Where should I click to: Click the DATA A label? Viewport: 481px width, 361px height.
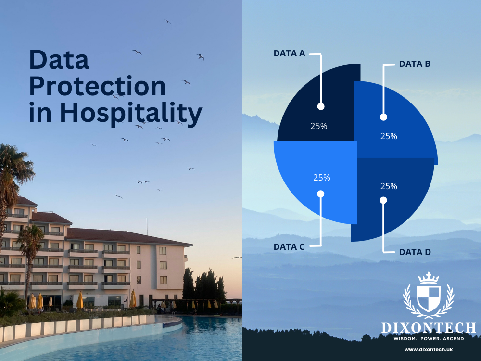(x=289, y=53)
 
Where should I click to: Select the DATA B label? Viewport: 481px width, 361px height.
(x=415, y=64)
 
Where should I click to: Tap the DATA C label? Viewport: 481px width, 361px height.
(x=289, y=247)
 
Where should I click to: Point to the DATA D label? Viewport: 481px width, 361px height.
(x=415, y=252)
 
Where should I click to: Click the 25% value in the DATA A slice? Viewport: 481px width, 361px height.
(x=318, y=126)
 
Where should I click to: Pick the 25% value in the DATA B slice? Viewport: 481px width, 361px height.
(x=389, y=136)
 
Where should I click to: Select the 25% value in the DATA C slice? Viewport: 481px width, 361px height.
(x=321, y=177)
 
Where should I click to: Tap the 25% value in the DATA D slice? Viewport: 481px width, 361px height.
(x=389, y=186)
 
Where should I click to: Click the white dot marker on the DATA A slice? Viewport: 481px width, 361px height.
(x=321, y=106)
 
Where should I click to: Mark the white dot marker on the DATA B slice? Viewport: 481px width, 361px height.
(x=383, y=117)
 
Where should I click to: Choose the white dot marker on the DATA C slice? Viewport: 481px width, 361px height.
(x=321, y=193)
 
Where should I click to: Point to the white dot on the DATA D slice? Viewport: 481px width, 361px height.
(x=383, y=200)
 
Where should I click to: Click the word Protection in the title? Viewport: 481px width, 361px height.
(x=97, y=87)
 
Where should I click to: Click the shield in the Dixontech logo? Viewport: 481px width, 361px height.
(x=429, y=298)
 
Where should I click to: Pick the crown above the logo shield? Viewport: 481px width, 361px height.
(x=429, y=278)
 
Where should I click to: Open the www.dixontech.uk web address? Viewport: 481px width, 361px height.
(x=429, y=349)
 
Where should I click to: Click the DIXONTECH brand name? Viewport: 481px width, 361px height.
(x=429, y=328)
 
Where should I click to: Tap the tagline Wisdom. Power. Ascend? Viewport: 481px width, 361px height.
(x=429, y=339)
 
